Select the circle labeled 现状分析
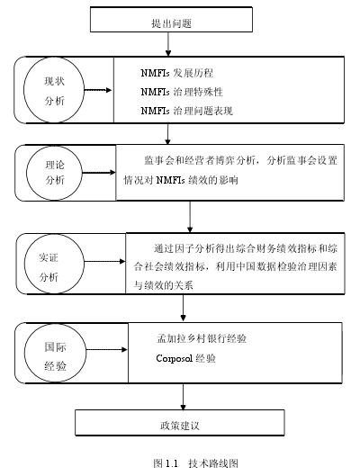pyautogui.click(x=24, y=90)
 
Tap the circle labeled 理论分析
pyautogui.click(x=27, y=173)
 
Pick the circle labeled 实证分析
pyautogui.click(x=24, y=264)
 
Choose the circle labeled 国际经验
pyautogui.click(x=25, y=352)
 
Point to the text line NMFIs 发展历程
pyautogui.click(x=176, y=73)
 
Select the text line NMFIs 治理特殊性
pyautogui.click(x=182, y=92)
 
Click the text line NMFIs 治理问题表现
pyautogui.click(x=186, y=111)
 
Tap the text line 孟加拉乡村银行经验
pyautogui.click(x=202, y=338)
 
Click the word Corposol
pyautogui.click(x=175, y=358)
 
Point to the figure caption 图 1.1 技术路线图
pyautogui.click(x=196, y=463)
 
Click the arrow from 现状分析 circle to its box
pyautogui.click(x=98, y=90)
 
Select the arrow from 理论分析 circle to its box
pyautogui.click(x=99, y=173)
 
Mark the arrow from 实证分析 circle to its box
pyautogui.click(x=104, y=261)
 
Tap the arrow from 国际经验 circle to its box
pyautogui.click(x=106, y=350)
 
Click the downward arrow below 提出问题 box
pyautogui.click(x=168, y=44)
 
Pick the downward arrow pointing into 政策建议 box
pyautogui.click(x=183, y=397)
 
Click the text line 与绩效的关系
pyautogui.click(x=163, y=284)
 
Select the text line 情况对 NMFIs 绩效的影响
pyautogui.click(x=181, y=180)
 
